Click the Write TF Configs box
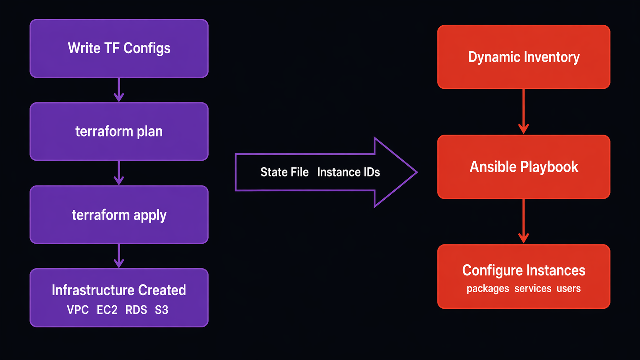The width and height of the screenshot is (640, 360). (119, 49)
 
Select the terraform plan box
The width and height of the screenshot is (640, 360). (119, 132)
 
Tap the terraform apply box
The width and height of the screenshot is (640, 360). (119, 215)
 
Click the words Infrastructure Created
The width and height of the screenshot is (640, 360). (119, 290)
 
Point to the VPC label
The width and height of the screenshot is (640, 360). (78, 310)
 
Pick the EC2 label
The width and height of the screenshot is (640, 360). (107, 310)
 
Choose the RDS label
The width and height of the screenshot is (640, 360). (136, 310)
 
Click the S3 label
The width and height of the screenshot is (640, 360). (162, 310)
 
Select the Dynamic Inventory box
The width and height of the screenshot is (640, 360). (524, 57)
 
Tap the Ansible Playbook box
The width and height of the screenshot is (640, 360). (524, 167)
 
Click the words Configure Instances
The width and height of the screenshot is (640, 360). (524, 270)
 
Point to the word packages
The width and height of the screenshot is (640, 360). (488, 288)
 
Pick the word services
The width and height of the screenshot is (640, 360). (533, 288)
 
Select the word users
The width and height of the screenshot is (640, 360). (568, 288)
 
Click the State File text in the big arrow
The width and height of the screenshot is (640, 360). (284, 172)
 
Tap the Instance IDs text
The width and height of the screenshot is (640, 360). (348, 172)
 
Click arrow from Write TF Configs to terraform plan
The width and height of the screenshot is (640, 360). (119, 90)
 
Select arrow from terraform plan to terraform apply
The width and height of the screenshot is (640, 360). (119, 173)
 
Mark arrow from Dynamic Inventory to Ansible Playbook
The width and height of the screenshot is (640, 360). (524, 112)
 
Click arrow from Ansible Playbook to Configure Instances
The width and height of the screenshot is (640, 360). (524, 221)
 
